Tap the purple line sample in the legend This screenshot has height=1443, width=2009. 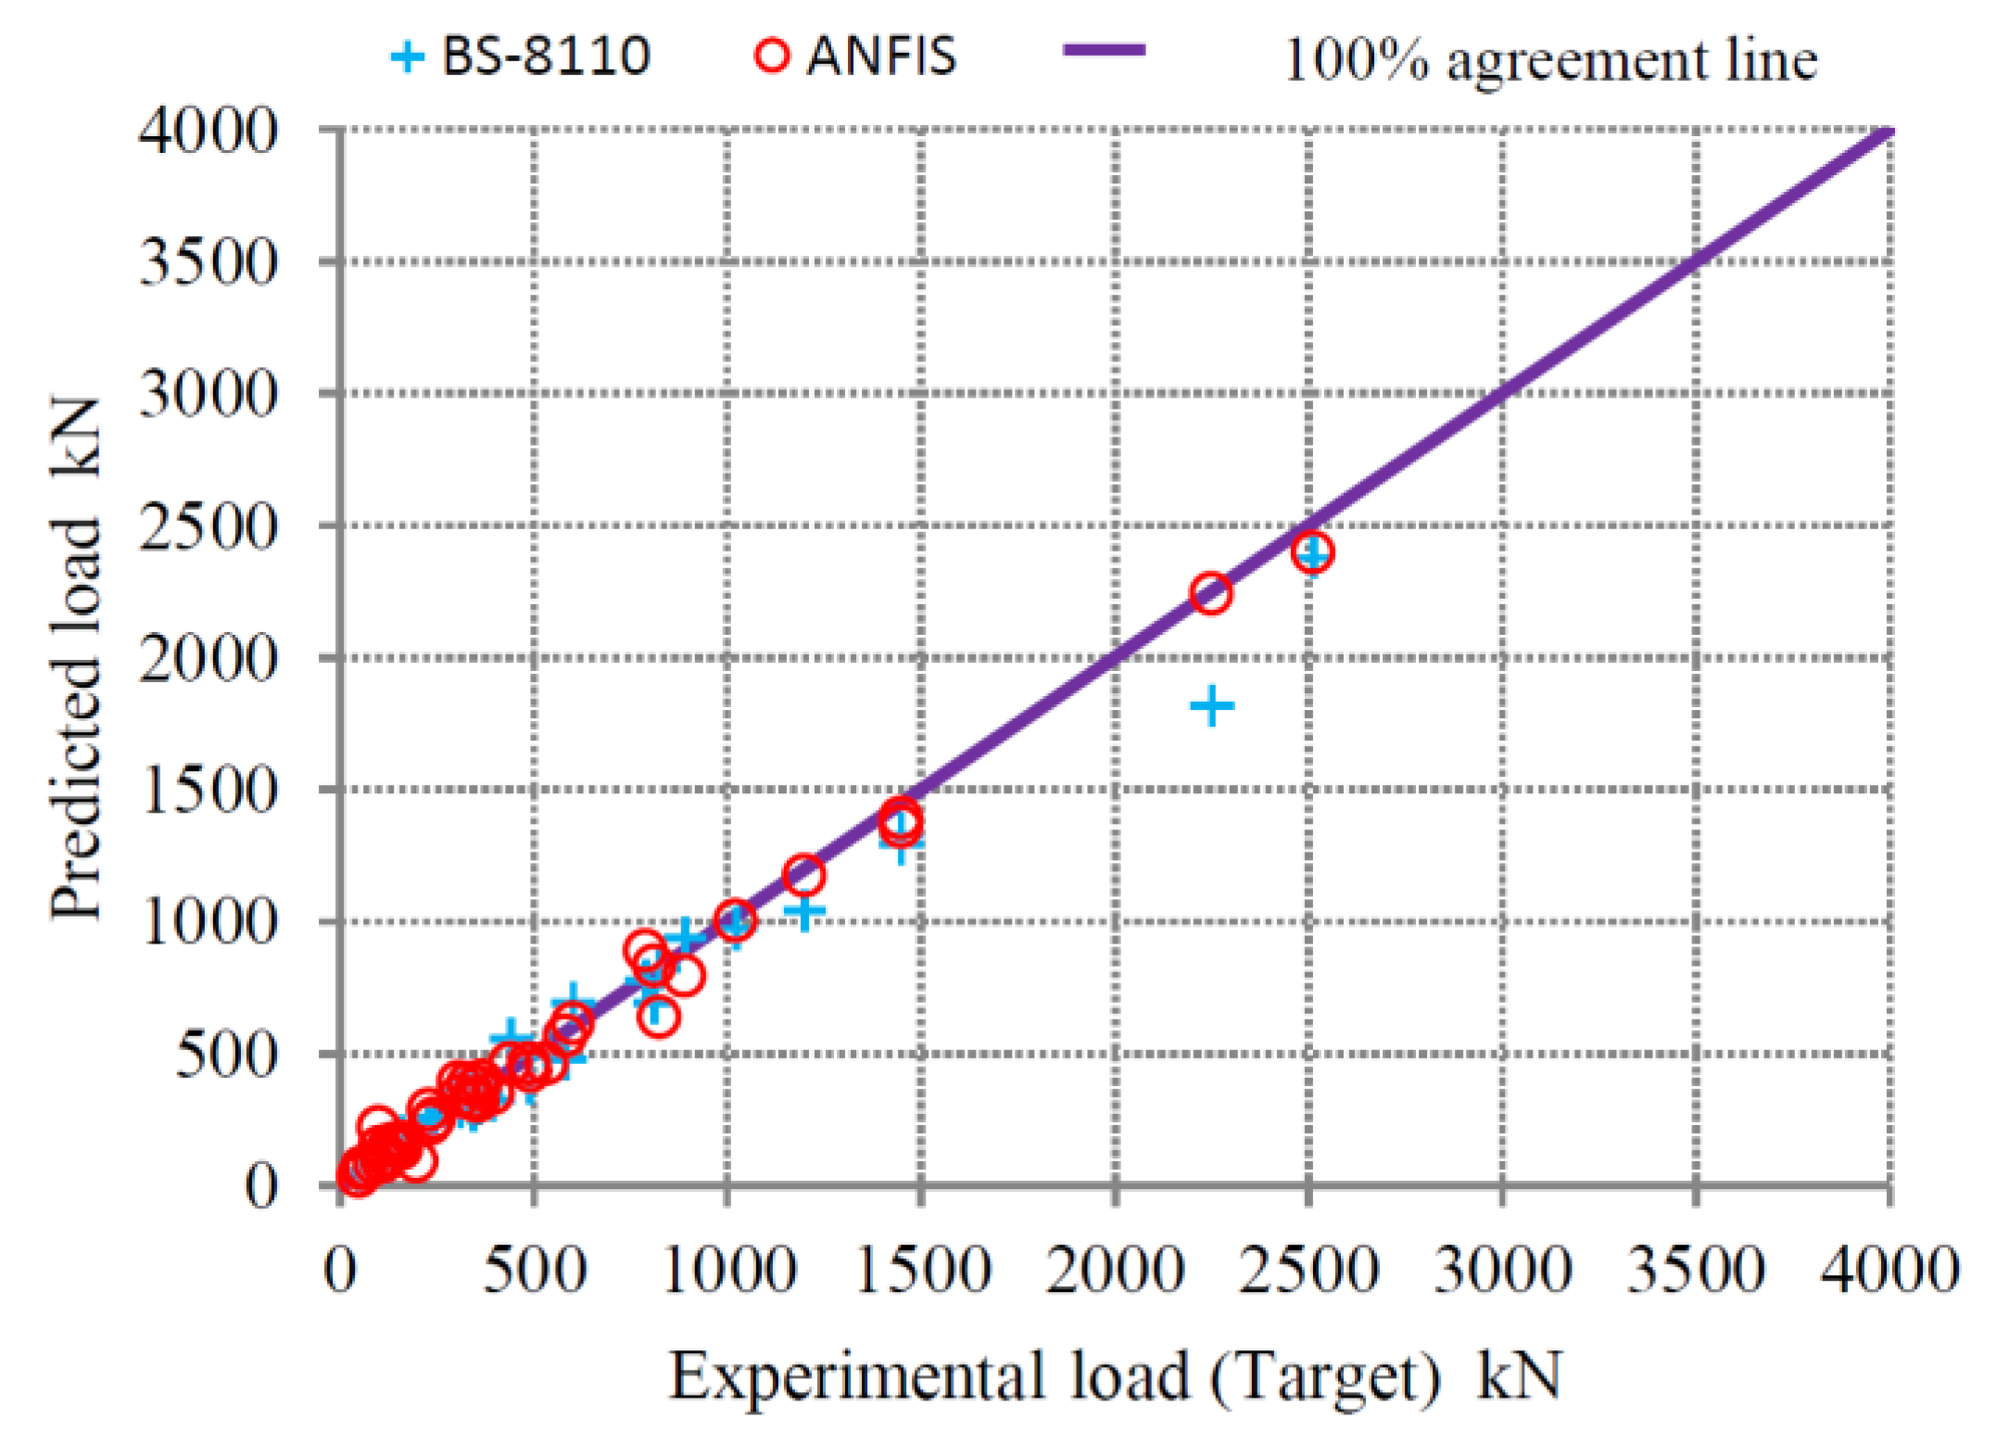tap(1104, 51)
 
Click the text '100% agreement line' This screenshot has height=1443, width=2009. tap(1549, 60)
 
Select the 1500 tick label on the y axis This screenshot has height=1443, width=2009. tap(208, 791)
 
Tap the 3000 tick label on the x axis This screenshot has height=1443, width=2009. tap(1502, 1270)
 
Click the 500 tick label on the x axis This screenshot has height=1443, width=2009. tap(534, 1270)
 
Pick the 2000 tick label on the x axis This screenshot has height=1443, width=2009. tap(1115, 1270)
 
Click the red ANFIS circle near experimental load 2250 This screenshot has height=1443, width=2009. tap(1210, 592)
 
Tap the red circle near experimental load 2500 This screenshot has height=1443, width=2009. tap(1312, 552)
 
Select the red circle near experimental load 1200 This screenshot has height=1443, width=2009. tap(803, 874)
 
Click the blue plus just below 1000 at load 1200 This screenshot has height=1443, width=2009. tap(804, 912)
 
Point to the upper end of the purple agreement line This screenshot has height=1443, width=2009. tap(1889, 132)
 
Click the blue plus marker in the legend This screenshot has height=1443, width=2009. tap(408, 57)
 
